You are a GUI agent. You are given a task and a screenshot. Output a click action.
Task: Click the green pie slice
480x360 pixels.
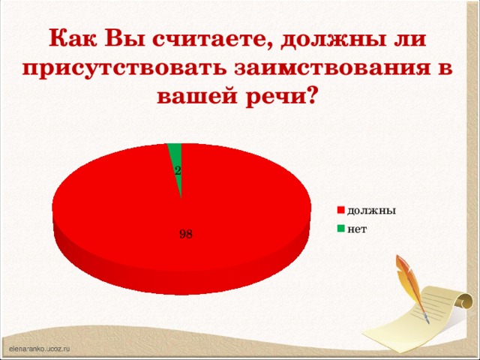click(175, 154)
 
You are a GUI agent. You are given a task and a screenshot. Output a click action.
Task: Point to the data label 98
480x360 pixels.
click(186, 234)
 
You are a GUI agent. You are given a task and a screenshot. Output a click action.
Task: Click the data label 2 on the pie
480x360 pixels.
click(177, 171)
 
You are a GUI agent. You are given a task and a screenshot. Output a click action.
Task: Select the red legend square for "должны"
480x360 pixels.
click(340, 210)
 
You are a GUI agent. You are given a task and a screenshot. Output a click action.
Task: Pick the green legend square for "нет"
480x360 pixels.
click(340, 228)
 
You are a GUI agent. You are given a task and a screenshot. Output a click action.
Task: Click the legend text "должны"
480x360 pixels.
click(371, 210)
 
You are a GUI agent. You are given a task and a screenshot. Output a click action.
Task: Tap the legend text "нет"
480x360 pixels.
click(357, 228)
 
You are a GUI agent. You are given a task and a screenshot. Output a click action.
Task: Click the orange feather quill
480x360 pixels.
click(409, 281)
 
